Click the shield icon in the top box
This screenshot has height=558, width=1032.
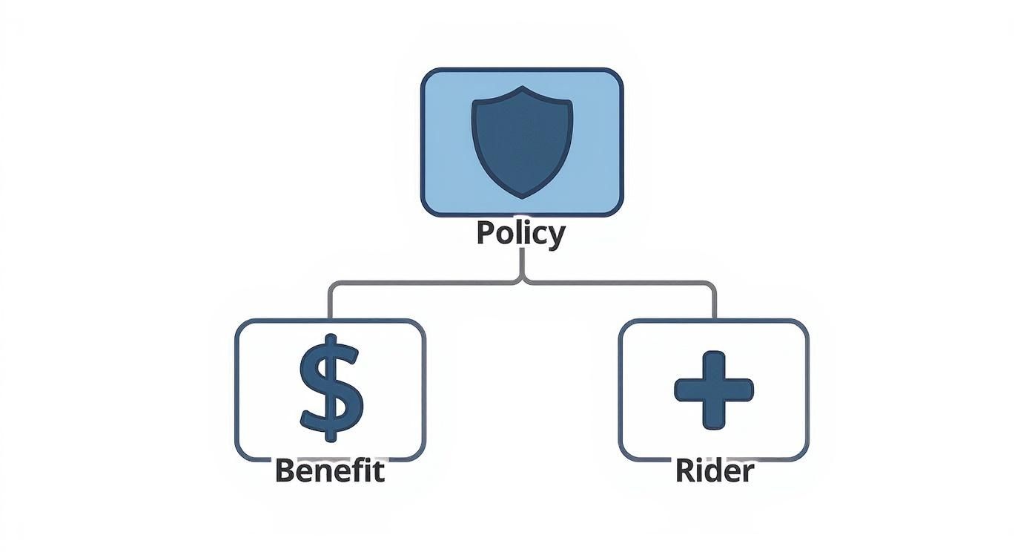pyautogui.click(x=522, y=141)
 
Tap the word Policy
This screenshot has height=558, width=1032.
pyautogui.click(x=520, y=234)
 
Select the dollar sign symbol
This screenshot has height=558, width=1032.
pyautogui.click(x=331, y=386)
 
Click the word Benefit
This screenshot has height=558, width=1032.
pyautogui.click(x=330, y=470)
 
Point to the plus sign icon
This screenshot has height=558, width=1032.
pyautogui.click(x=713, y=390)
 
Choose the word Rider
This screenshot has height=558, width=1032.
pyautogui.click(x=714, y=470)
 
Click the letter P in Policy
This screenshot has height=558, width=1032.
pyautogui.click(x=486, y=232)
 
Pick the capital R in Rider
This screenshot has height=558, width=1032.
pyautogui.click(x=684, y=470)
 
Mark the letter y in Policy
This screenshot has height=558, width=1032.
pyautogui.click(x=555, y=237)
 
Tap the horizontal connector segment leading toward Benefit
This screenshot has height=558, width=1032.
pyautogui.click(x=423, y=283)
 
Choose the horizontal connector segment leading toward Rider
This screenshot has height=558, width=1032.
pyautogui.click(x=623, y=283)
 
